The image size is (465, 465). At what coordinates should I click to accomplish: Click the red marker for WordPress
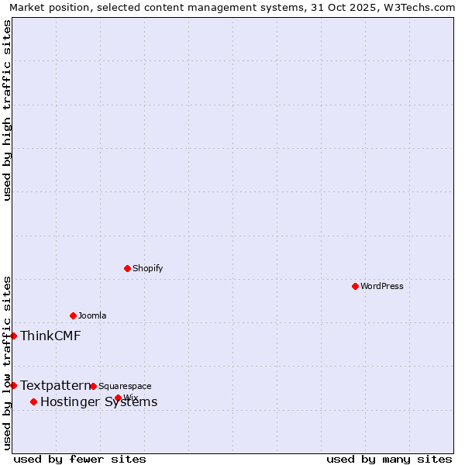(x=355, y=286)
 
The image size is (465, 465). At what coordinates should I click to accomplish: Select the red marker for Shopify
(x=127, y=268)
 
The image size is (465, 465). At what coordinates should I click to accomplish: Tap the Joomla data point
(x=73, y=315)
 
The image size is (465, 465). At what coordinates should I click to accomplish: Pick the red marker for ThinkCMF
(x=13, y=336)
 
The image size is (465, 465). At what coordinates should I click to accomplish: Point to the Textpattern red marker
(x=13, y=385)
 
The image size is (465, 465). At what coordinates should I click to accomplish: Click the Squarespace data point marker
(x=93, y=386)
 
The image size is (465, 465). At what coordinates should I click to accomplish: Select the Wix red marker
(x=118, y=398)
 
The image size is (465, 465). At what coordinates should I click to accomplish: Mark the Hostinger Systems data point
(x=33, y=401)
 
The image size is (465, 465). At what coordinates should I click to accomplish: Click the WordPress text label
(x=381, y=286)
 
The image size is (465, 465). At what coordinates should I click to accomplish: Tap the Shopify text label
(x=147, y=268)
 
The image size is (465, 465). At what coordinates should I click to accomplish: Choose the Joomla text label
(x=92, y=315)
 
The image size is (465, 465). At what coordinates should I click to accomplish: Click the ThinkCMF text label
(x=50, y=336)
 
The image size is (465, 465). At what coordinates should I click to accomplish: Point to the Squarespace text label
(x=125, y=386)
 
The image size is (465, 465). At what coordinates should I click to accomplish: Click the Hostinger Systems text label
(x=98, y=401)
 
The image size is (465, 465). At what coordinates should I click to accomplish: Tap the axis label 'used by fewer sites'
(x=80, y=459)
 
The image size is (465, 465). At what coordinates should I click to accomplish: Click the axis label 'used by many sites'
(x=389, y=459)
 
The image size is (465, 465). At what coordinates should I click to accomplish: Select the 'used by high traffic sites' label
(x=7, y=110)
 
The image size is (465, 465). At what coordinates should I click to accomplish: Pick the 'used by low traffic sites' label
(x=7, y=362)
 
